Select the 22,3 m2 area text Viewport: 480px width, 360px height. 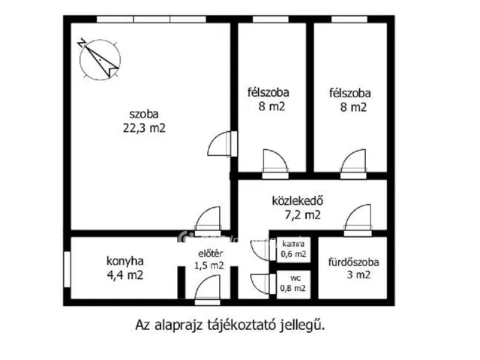[145, 128]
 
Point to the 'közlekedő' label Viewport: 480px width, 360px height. [296, 200]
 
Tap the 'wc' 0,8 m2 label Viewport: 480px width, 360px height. [292, 281]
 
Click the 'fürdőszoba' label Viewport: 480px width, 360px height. [353, 262]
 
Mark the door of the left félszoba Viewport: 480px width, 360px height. [274, 160]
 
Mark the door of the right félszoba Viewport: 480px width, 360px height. [352, 160]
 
